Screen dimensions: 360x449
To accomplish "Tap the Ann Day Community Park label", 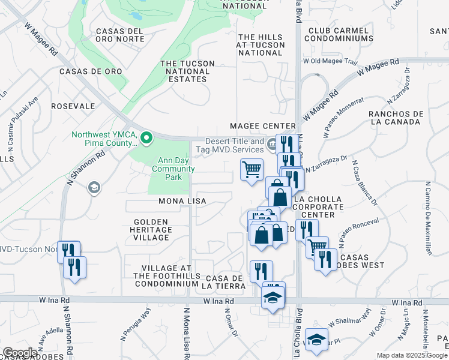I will click(173, 169).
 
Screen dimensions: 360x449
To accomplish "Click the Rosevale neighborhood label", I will click(73, 106).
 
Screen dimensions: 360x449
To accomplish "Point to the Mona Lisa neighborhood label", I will click(182, 201).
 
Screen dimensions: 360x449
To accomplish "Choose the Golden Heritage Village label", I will click(152, 230).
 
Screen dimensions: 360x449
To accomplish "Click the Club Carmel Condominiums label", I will click(340, 35).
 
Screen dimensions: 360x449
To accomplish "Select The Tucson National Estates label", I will click(193, 71).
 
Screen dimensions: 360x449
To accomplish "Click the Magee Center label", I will click(263, 126).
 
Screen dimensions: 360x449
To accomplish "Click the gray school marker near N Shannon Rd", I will click(94, 188).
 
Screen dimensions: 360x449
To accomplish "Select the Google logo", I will click(20, 353).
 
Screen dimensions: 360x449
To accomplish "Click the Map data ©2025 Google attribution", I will click(412, 355).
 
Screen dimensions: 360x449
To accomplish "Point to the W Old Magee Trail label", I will click(330, 61).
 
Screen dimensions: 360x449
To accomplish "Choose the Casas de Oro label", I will click(91, 71).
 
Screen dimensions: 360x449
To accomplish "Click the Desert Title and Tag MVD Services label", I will click(229, 145).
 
